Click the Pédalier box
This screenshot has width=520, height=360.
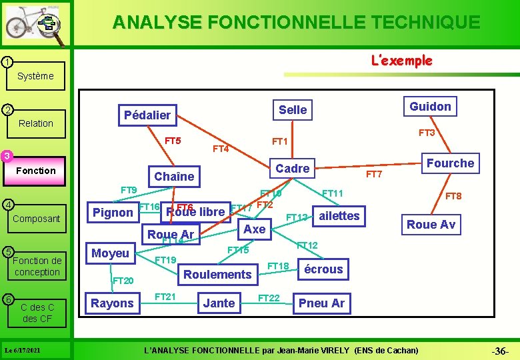147,115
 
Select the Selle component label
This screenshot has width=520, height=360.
293,109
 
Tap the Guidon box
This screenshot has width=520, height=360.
430,106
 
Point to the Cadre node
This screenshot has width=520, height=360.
293,169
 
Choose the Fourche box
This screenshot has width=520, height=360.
450,163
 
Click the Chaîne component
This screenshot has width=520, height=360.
174,176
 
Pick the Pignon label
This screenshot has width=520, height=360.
113,213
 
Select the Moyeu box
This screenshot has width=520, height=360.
110,253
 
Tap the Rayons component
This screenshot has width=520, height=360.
112,303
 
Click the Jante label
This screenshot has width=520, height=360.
219,303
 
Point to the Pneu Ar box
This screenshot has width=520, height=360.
322,303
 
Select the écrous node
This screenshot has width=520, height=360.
323,269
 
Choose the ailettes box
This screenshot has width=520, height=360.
339,215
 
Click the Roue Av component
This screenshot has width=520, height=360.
431,225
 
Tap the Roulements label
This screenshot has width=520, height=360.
217,274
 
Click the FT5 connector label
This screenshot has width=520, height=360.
173,141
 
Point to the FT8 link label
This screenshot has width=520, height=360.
453,196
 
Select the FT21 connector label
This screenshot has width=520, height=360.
165,296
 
